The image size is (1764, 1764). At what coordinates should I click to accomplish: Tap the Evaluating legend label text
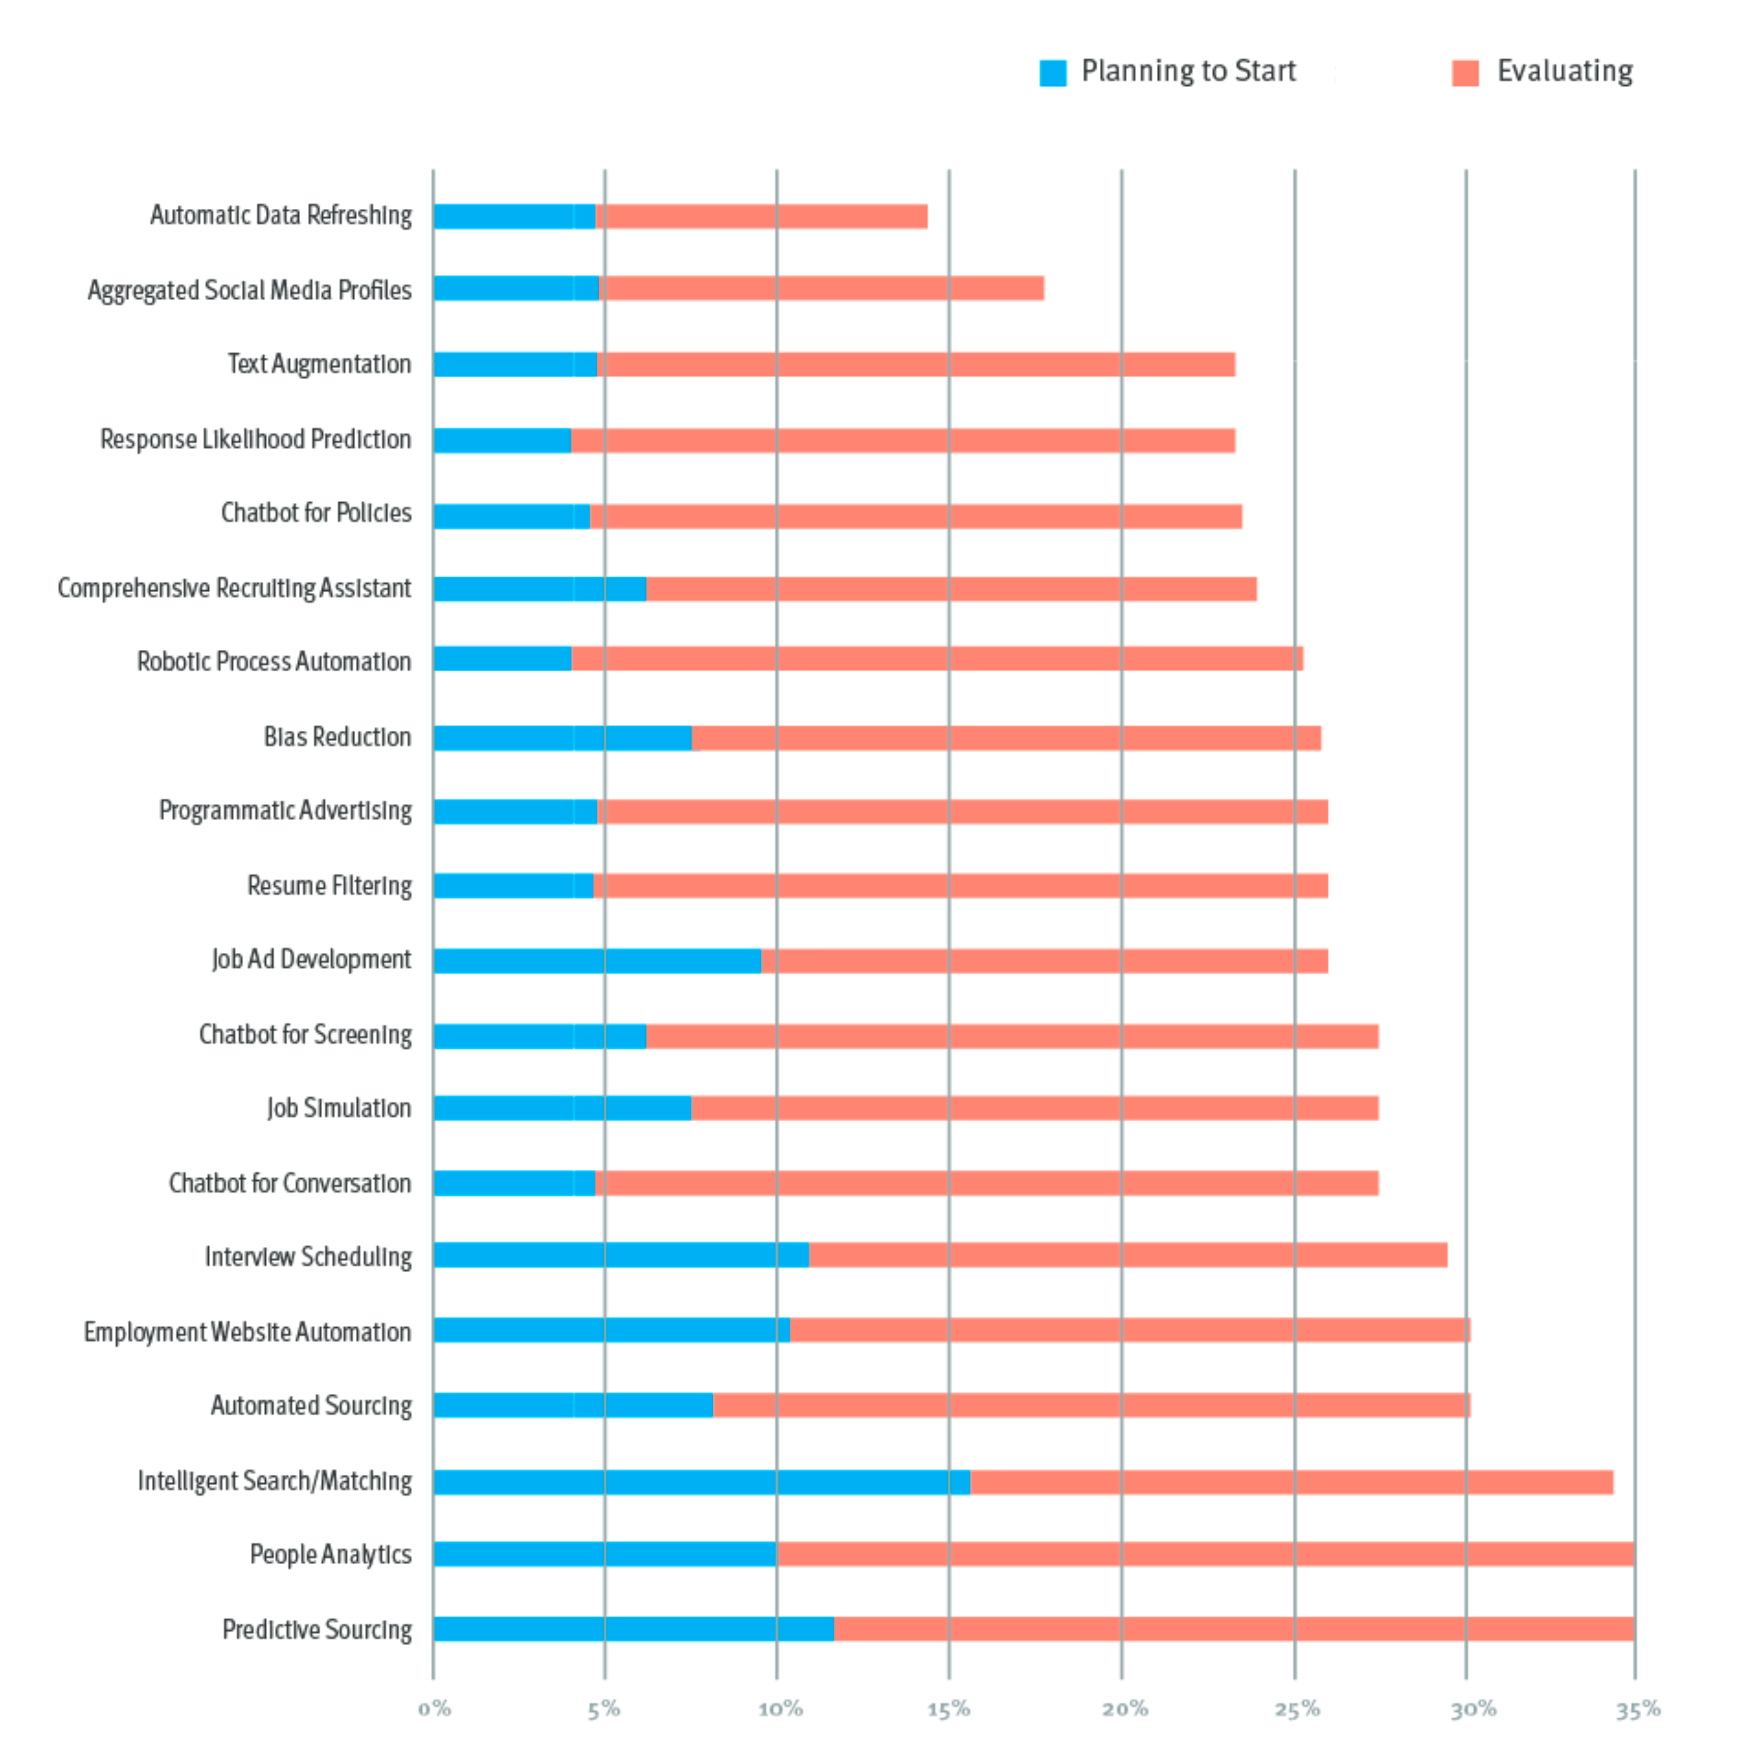coord(1564,71)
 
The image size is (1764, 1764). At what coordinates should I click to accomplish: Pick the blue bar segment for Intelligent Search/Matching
coord(701,1482)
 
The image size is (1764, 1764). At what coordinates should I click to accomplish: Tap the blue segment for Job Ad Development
coord(597,961)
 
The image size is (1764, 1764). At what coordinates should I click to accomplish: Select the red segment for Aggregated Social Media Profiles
coord(822,289)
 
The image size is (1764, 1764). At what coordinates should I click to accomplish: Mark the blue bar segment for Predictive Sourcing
coord(634,1629)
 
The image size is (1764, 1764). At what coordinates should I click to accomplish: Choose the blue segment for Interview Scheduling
coord(621,1255)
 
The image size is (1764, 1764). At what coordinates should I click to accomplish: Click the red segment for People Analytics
coord(1205,1554)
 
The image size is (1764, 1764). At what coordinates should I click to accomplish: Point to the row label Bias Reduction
coord(337,737)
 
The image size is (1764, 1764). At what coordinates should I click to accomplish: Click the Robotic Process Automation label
coord(274,661)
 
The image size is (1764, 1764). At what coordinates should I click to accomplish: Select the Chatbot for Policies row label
coord(316,513)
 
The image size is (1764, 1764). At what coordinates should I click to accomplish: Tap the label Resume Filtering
coord(329,886)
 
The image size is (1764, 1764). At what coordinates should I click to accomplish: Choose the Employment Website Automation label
coord(247,1332)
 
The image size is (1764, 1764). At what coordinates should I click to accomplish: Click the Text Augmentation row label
coord(319,364)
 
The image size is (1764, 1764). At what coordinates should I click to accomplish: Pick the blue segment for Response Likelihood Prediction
coord(502,440)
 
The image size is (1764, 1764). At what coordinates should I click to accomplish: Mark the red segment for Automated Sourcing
coord(1091,1405)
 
